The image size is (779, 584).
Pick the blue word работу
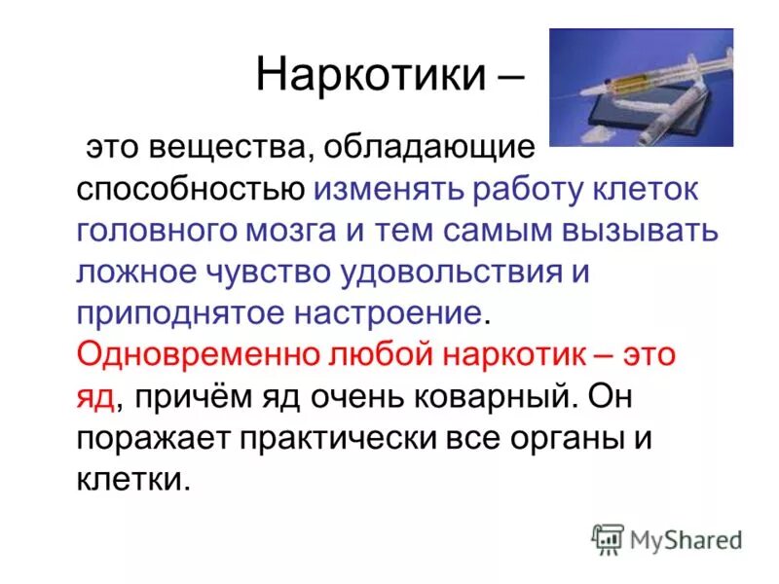[x=504, y=191]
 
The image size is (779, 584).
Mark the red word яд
[x=95, y=396]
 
